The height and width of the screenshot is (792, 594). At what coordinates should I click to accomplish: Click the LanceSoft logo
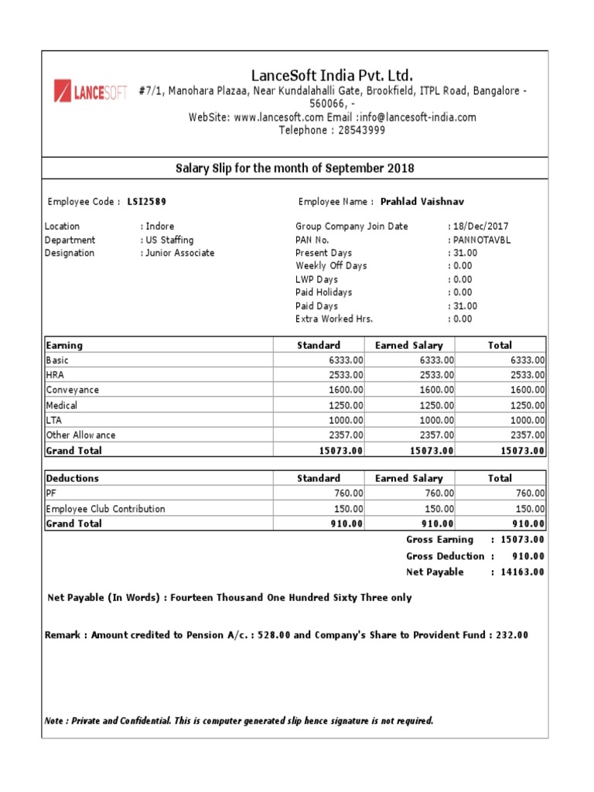(x=89, y=93)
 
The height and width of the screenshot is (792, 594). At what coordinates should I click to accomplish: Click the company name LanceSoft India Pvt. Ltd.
(x=332, y=75)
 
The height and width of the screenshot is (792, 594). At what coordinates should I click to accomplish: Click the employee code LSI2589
(x=146, y=202)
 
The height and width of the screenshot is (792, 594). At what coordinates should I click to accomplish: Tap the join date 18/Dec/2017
(x=480, y=227)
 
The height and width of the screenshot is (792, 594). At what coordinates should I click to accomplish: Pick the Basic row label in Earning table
(x=58, y=360)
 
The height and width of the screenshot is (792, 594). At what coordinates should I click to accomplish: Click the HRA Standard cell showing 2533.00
(x=343, y=375)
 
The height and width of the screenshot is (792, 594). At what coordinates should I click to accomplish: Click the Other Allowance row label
(x=81, y=435)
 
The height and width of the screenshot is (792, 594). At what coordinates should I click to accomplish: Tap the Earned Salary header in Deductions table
(x=409, y=478)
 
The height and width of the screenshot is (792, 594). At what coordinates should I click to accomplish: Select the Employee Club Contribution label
(x=106, y=509)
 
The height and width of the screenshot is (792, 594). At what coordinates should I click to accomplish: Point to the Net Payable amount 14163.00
(x=522, y=572)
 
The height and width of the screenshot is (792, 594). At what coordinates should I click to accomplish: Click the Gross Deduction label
(x=445, y=556)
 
